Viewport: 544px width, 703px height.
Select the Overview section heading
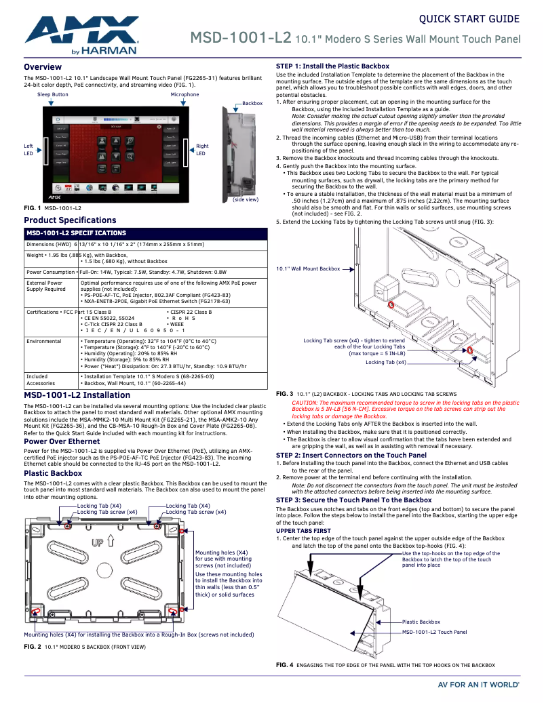point(43,67)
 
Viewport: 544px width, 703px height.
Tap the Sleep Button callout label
point(52,95)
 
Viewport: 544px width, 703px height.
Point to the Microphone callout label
point(184,95)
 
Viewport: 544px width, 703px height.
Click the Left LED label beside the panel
point(28,149)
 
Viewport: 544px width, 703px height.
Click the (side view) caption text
point(245,199)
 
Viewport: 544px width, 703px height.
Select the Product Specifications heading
point(70,220)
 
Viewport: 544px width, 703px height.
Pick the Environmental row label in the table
point(43,342)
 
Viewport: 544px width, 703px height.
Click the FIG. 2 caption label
point(32,647)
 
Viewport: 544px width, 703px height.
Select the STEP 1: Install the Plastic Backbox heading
point(332,66)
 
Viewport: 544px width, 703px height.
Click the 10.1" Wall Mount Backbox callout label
point(308,269)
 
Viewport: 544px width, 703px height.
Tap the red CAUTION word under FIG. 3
point(305,403)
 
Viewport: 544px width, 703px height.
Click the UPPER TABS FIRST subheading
point(303,531)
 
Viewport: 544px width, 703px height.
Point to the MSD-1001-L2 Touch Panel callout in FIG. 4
point(434,632)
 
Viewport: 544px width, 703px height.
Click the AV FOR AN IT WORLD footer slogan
point(478,685)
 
